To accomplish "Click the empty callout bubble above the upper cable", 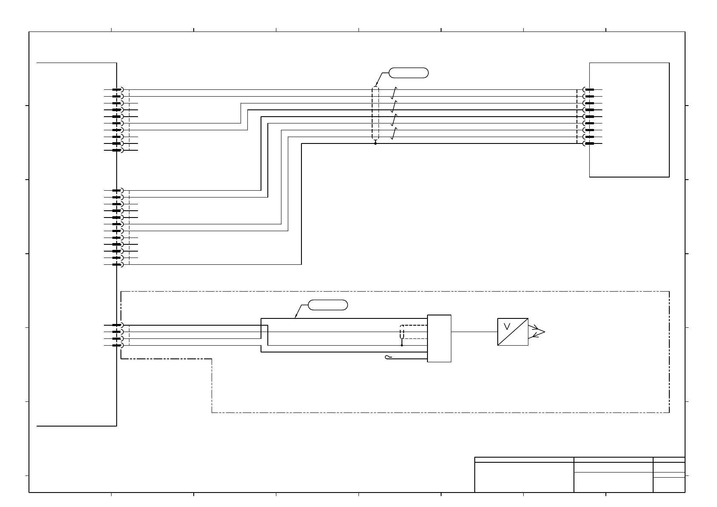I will (x=408, y=73).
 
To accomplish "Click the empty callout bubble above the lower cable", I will (x=327, y=305).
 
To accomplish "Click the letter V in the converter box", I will (x=507, y=327).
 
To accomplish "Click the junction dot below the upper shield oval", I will (x=375, y=144).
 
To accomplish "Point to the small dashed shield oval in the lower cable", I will (x=402, y=332).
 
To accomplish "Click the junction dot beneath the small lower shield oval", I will (x=402, y=346).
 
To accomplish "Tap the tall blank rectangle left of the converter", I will (x=439, y=338).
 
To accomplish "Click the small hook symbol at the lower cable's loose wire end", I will (x=387, y=357).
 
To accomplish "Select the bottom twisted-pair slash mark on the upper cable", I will (x=394, y=134).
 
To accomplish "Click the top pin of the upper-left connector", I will (x=118, y=90).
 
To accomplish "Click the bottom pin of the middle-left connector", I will (x=118, y=264).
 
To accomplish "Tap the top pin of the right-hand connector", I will (x=589, y=90).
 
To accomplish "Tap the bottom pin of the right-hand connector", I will (x=589, y=144).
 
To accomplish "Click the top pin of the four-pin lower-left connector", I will (x=118, y=325).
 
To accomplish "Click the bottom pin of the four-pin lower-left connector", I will (x=118, y=345).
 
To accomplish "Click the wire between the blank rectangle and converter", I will (x=474, y=332).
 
